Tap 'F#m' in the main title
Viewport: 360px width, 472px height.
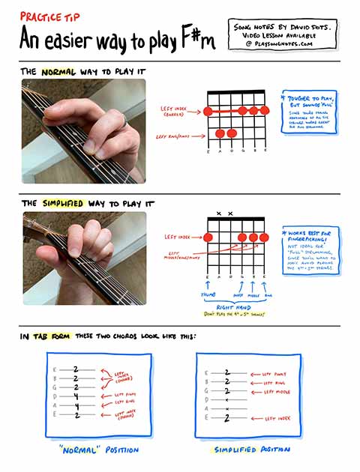coord(196,38)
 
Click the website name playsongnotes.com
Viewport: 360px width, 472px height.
coord(283,44)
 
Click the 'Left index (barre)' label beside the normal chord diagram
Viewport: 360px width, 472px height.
coord(178,111)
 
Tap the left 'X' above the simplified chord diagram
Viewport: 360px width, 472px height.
coord(218,214)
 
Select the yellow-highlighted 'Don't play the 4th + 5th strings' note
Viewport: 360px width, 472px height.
coord(235,315)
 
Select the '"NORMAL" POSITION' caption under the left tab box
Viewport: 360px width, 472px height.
coord(98,450)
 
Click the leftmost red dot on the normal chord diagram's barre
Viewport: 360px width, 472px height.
coord(208,111)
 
